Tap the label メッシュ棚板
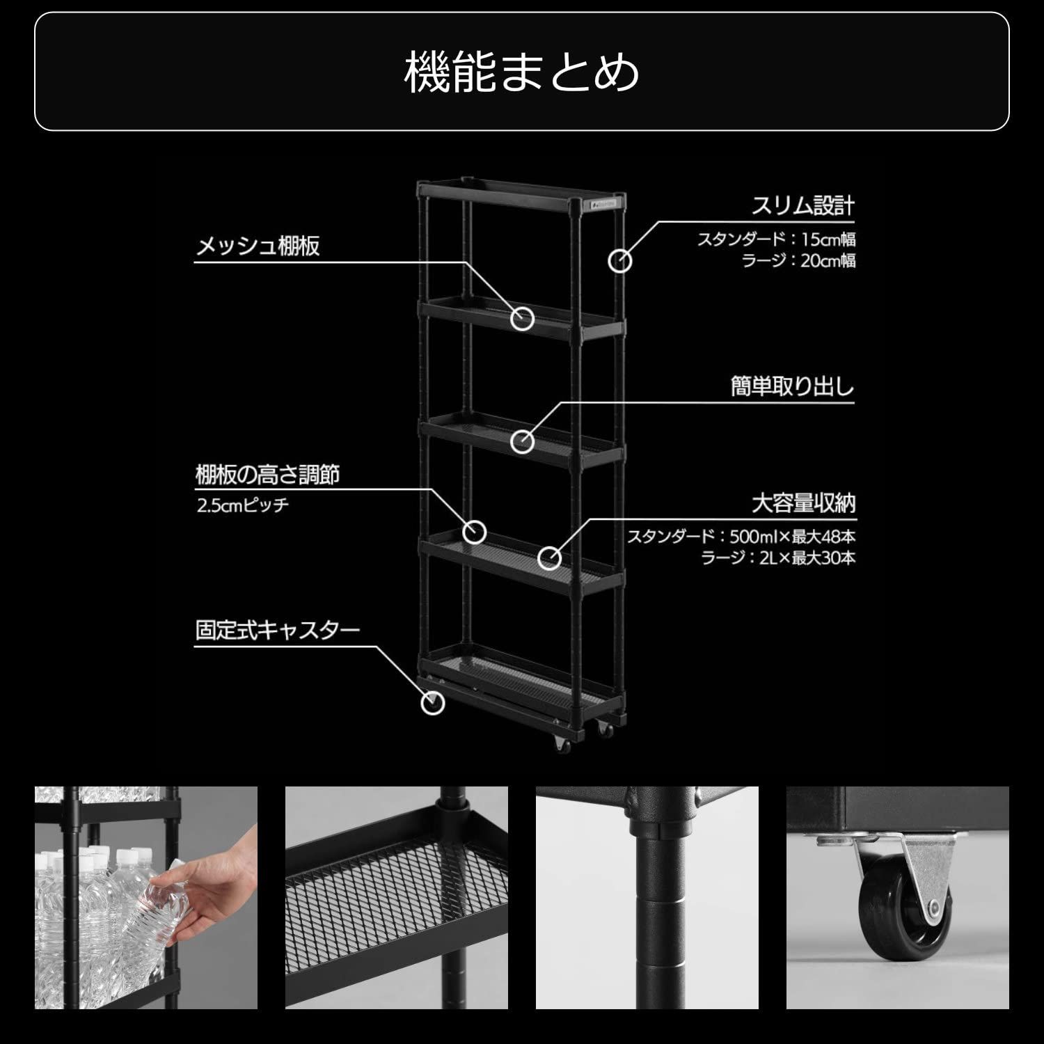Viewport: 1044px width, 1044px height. click(x=258, y=246)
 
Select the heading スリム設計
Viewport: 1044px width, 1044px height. click(x=802, y=206)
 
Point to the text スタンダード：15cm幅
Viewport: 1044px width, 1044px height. click(x=776, y=239)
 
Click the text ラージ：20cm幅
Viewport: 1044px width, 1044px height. click(x=798, y=261)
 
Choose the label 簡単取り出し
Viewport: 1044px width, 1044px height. click(x=792, y=386)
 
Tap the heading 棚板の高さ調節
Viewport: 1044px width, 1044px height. click(x=267, y=475)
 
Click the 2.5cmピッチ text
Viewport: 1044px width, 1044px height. click(x=242, y=505)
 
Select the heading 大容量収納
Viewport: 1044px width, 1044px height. click(x=803, y=503)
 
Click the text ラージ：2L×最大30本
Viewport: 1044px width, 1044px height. click(x=778, y=557)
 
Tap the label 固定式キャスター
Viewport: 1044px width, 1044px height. click(x=277, y=631)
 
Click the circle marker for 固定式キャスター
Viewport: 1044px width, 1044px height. click(x=433, y=703)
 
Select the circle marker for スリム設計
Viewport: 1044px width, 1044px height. click(x=619, y=261)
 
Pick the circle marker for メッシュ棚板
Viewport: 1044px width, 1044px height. click(x=523, y=319)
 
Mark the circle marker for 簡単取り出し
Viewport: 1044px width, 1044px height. click(x=523, y=441)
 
